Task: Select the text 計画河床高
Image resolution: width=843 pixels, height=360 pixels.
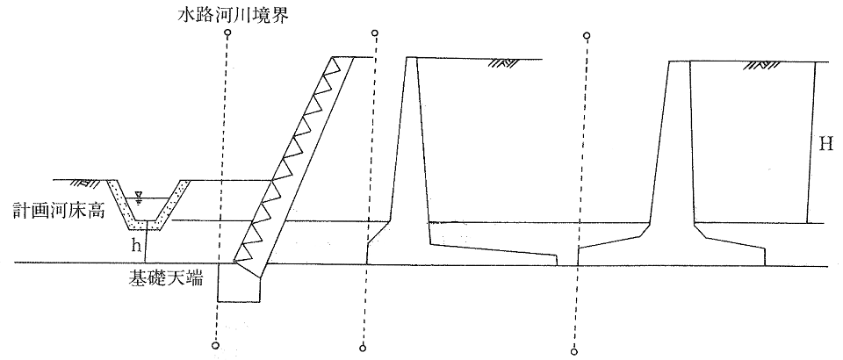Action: point(50,211)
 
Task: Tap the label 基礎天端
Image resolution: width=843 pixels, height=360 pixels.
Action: point(165,278)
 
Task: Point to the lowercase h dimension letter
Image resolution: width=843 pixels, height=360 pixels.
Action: point(136,244)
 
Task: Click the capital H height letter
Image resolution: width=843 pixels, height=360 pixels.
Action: point(825,144)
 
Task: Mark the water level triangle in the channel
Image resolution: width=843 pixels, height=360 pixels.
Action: point(139,194)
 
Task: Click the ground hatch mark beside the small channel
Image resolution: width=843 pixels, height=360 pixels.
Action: point(87,184)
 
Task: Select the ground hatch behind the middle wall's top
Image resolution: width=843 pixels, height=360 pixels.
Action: point(503,62)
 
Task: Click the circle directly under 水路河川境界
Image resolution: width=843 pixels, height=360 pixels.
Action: point(227,34)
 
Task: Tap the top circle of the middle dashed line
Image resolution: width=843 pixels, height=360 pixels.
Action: point(376,34)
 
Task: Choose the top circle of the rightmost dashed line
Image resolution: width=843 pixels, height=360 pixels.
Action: point(587,36)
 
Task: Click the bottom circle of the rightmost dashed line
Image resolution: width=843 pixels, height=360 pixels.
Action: point(573,351)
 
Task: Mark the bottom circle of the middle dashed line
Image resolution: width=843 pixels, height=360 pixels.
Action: point(362,349)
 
